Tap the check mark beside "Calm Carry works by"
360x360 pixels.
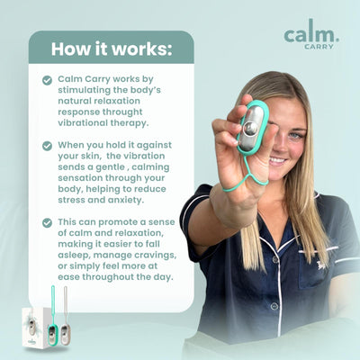47,80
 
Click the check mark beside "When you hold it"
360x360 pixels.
47,144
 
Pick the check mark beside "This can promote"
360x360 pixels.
47,220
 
